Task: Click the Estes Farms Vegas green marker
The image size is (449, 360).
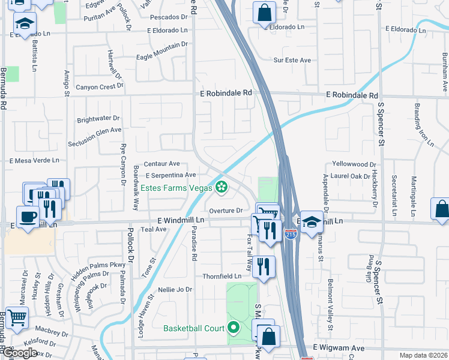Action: tap(221, 188)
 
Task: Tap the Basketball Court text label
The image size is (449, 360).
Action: tap(194, 328)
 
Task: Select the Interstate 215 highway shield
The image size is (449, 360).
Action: tap(291, 232)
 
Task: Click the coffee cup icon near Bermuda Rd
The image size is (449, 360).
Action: tap(29, 217)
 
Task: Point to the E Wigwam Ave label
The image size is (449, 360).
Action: tap(339, 348)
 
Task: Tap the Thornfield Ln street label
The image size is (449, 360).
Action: tap(221, 276)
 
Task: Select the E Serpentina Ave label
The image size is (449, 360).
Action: tap(171, 175)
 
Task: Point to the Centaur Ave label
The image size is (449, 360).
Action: tap(161, 163)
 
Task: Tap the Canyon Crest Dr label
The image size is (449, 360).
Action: tap(100, 86)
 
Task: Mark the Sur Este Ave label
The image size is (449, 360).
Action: tap(292, 60)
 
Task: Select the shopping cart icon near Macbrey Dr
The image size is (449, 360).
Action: tap(17, 318)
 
